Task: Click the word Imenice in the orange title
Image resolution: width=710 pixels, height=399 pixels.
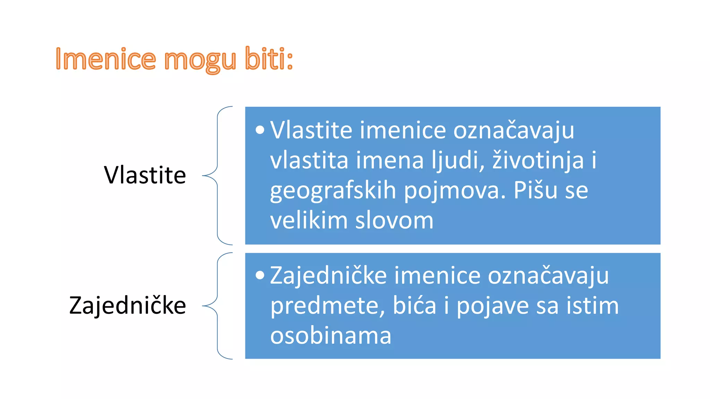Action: pyautogui.click(x=106, y=59)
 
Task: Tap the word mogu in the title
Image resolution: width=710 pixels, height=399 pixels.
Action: pyautogui.click(x=200, y=60)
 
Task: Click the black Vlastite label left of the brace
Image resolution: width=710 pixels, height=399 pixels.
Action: pyautogui.click(x=145, y=175)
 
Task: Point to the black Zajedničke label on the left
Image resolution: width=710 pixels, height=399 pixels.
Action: pyautogui.click(x=128, y=305)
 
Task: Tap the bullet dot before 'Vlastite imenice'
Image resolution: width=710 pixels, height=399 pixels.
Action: pyautogui.click(x=260, y=130)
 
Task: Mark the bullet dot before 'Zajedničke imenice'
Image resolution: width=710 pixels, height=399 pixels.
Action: pyautogui.click(x=260, y=275)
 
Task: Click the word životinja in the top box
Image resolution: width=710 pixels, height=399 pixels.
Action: pyautogui.click(x=538, y=160)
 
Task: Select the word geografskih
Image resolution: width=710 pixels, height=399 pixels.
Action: pyautogui.click(x=333, y=190)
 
